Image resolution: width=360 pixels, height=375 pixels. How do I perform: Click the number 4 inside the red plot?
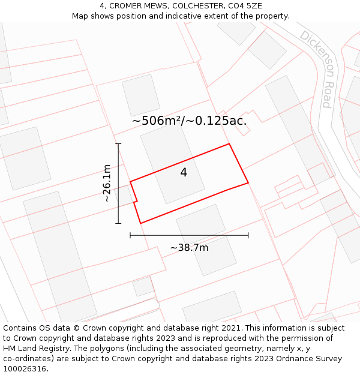point(184,173)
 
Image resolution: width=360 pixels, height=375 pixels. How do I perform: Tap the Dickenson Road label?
point(316,68)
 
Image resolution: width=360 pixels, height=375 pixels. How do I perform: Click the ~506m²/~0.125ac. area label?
point(189,121)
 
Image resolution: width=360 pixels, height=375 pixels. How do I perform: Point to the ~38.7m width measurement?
point(189,248)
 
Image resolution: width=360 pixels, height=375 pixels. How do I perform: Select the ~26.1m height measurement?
point(107,183)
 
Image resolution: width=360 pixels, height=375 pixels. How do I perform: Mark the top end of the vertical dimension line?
point(118,144)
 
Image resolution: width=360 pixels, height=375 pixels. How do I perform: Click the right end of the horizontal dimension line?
point(248,235)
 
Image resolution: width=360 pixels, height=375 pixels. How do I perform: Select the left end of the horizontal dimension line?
point(130,235)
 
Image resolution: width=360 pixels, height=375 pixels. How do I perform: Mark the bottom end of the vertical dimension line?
point(118,224)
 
